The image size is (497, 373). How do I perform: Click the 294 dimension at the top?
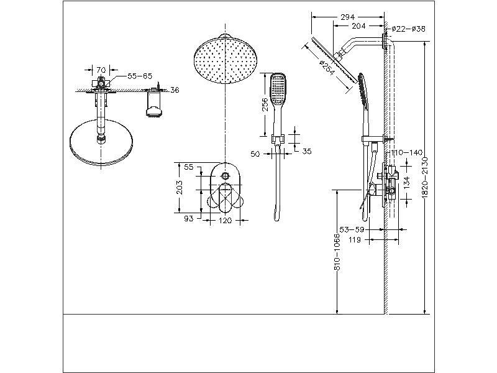348,17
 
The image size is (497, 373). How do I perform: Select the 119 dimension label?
355,239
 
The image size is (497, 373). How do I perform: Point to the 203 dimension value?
180,188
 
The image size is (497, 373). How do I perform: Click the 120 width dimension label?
225,220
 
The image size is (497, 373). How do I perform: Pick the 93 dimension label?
189,219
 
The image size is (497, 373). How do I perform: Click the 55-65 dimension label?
139,76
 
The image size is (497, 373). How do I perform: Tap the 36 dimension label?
175,90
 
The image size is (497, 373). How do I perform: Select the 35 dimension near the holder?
306,151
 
